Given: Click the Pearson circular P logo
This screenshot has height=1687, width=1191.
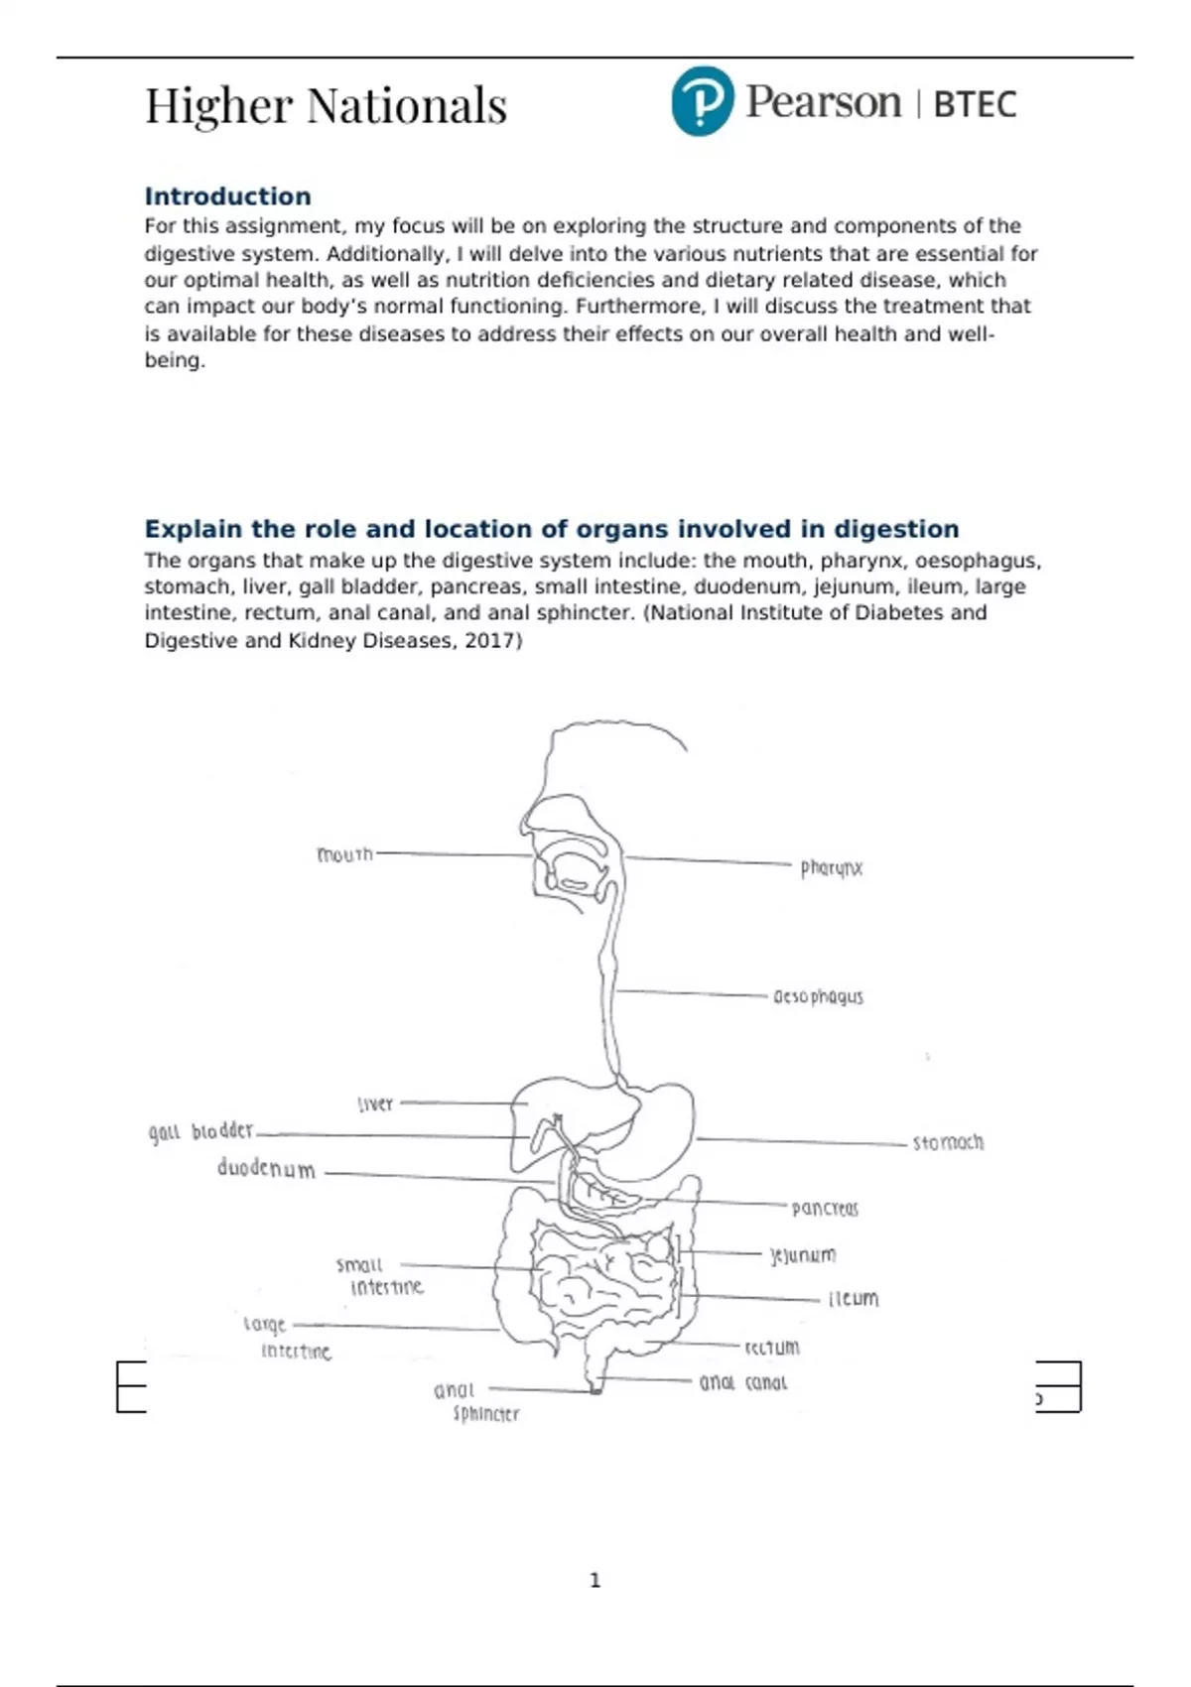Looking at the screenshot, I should (702, 101).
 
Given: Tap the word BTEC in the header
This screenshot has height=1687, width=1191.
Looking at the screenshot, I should (975, 104).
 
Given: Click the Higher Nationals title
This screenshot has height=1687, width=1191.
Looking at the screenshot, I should (326, 106).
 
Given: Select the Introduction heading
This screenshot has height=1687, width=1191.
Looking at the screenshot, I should (227, 196).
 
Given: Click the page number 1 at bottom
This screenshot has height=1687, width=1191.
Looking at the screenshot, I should (595, 1580).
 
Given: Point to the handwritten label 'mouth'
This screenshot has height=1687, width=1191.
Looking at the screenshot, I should (344, 854).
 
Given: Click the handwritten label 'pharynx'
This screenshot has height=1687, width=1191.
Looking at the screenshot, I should (832, 868).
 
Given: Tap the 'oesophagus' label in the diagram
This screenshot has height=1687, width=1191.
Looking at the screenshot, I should (818, 996).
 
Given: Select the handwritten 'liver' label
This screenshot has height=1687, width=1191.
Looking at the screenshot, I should (375, 1103).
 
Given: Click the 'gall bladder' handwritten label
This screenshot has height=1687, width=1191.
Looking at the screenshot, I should (200, 1131).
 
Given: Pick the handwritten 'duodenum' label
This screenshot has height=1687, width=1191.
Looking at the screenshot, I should (266, 1168).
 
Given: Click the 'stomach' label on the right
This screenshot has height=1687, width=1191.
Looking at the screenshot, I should (948, 1143).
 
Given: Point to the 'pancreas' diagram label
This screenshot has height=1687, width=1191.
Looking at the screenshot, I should (825, 1209).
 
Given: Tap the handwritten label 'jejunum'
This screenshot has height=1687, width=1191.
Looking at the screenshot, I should (803, 1255).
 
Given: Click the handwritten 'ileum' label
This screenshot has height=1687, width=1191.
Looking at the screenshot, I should (854, 1299).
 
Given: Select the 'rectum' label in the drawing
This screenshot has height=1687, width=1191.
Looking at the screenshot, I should (772, 1348).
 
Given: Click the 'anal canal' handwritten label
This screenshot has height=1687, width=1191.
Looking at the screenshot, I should (743, 1382).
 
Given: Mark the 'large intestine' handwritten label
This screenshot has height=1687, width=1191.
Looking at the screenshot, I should (286, 1338).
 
